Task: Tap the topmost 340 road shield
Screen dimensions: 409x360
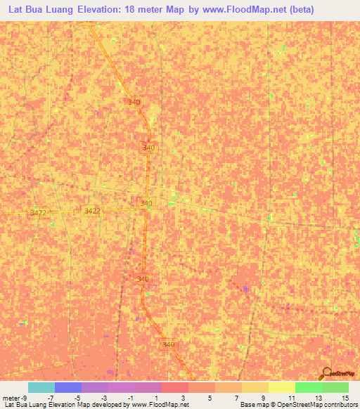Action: (134, 102)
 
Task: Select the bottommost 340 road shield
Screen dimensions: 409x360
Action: (168, 344)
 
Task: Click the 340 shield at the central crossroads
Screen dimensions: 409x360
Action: (146, 203)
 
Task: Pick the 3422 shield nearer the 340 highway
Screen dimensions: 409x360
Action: (92, 211)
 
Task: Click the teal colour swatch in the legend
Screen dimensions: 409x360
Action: (41, 387)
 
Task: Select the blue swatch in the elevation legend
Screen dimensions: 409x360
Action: (67, 387)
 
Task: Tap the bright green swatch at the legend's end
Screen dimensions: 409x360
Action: (335, 387)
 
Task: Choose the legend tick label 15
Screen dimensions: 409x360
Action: (345, 397)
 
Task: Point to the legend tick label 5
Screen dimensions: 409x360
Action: (210, 397)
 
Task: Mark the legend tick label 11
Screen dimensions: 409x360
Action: (291, 397)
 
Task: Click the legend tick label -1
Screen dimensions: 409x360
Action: (131, 397)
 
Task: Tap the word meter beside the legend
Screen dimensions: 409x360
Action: (11, 397)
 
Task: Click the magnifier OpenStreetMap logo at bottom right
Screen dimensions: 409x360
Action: (326, 373)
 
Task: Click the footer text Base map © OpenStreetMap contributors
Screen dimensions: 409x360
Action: (298, 405)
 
